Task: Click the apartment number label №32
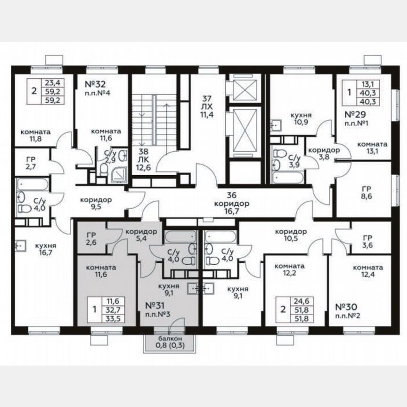coord(95,85)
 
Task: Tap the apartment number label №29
coord(357,114)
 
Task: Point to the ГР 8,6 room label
coord(369,192)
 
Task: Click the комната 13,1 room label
coord(372,148)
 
